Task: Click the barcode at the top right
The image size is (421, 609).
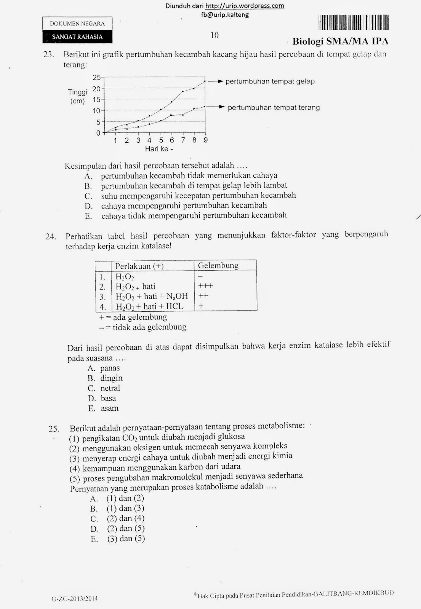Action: coord(353,22)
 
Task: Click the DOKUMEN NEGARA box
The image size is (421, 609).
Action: coord(77,24)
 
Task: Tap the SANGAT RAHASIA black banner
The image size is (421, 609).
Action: coord(77,37)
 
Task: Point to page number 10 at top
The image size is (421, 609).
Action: coord(215,35)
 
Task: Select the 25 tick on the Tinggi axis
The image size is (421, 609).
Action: coord(97,78)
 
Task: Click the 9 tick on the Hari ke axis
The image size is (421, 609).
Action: coord(205,140)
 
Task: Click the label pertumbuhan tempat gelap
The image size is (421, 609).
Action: coord(270,81)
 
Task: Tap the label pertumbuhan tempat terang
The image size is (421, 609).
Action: coord(274,108)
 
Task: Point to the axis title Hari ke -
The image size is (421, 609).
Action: coord(159,149)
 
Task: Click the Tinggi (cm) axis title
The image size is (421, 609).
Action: coord(77,96)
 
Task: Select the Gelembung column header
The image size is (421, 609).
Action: coord(218,266)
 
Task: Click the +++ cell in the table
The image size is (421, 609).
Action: coord(205,286)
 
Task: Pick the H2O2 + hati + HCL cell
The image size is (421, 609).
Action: coord(149,306)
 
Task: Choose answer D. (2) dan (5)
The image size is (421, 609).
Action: coord(118,529)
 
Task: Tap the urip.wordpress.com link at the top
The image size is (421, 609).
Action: coord(245,6)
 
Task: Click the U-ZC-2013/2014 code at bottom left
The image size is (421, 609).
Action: coord(75,598)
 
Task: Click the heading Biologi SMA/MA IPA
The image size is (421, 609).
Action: coord(340,41)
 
